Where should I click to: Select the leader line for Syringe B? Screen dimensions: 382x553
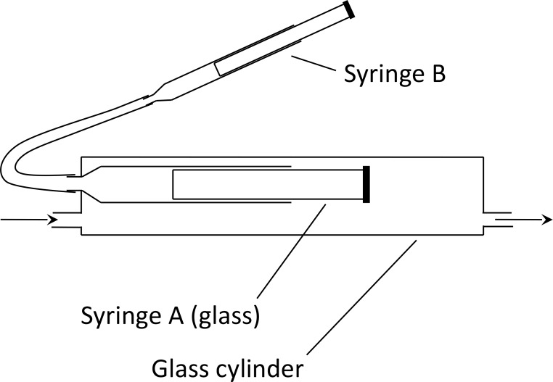click(x=311, y=62)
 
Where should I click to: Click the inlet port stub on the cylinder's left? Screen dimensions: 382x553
click(x=69, y=220)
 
